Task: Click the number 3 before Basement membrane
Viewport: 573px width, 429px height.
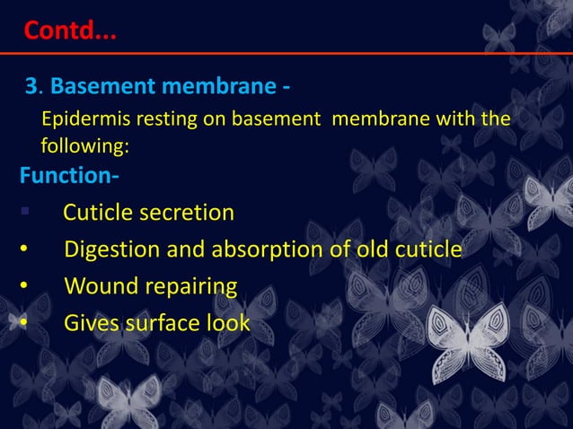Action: click(x=33, y=88)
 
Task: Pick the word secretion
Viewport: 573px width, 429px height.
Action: click(x=187, y=213)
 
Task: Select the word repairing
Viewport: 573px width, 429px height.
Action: click(x=192, y=286)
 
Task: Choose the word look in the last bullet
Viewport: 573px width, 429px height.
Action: click(x=229, y=323)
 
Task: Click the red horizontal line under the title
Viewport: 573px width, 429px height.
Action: click(x=296, y=55)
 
